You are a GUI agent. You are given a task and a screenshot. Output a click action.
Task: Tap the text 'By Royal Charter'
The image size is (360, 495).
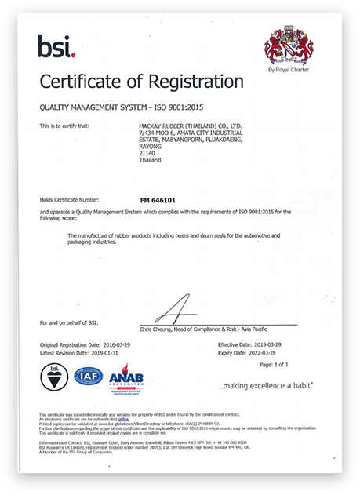tap(288, 70)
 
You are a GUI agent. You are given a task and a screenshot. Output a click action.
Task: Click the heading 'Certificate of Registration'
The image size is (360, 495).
tap(141, 82)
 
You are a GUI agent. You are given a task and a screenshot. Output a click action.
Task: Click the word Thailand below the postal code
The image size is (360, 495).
tap(149, 160)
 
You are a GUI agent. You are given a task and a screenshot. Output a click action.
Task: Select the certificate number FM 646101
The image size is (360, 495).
tap(158, 200)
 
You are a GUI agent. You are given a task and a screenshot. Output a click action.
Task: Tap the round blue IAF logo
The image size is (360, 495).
tap(88, 377)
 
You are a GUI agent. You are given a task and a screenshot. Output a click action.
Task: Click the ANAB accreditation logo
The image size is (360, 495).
tap(125, 380)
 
